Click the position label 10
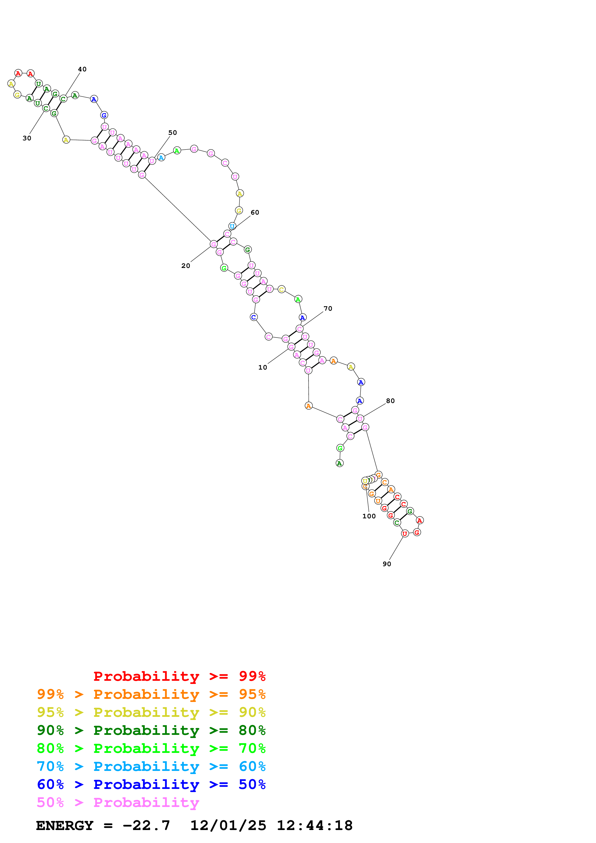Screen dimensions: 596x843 point(262,367)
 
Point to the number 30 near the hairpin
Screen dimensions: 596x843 point(27,138)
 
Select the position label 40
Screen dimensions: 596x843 point(82,69)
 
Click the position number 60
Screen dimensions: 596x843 point(255,213)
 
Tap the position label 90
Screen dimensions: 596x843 point(387,564)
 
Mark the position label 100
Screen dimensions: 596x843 point(369,516)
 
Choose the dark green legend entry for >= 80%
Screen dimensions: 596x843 point(151,731)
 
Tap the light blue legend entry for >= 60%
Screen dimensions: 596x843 point(151,767)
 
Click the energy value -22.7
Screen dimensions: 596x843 point(146,826)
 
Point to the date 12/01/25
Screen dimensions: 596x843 point(228,826)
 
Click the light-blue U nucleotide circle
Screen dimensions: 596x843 point(232,226)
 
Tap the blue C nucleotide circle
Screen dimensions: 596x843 point(253,317)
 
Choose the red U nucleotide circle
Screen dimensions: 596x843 point(404,534)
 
